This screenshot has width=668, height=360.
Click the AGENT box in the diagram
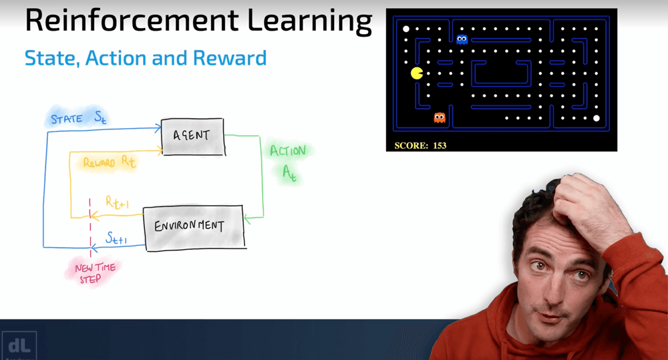click(x=193, y=137)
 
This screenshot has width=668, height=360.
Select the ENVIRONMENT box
click(x=194, y=228)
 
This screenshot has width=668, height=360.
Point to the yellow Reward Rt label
click(x=109, y=162)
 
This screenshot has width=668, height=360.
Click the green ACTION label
click(x=288, y=150)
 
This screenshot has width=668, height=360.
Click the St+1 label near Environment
click(x=116, y=238)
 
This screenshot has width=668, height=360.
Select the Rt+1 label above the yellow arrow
click(x=117, y=202)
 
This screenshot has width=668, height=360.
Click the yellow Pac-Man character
click(x=417, y=73)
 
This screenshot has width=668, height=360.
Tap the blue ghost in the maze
click(x=462, y=39)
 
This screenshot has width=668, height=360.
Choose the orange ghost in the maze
click(x=440, y=118)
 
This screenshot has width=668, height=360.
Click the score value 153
click(x=440, y=146)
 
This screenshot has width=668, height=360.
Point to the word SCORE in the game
click(x=411, y=146)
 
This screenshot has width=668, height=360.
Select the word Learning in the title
click(x=310, y=21)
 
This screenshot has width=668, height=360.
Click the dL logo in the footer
click(x=19, y=345)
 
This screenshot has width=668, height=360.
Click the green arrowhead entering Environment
click(x=248, y=218)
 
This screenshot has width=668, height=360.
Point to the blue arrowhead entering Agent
click(x=158, y=128)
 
